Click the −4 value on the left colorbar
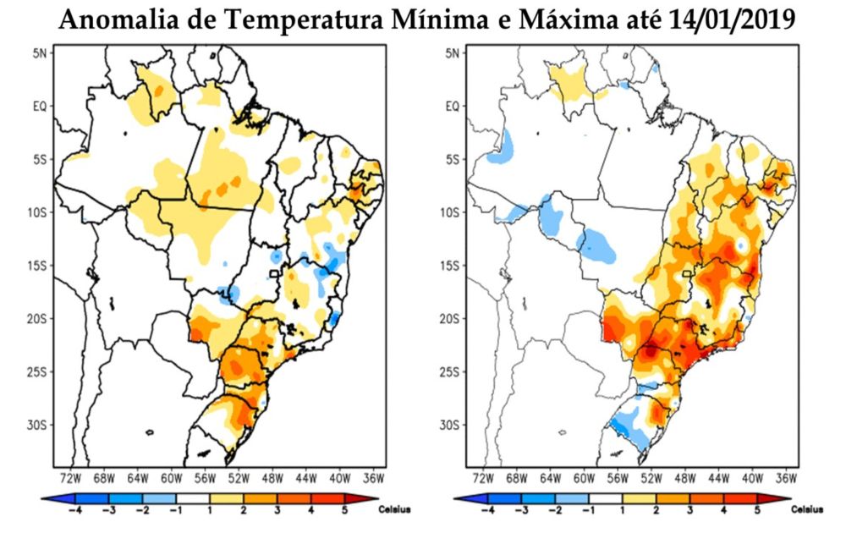tap(74, 511)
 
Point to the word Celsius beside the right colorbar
tap(808, 509)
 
